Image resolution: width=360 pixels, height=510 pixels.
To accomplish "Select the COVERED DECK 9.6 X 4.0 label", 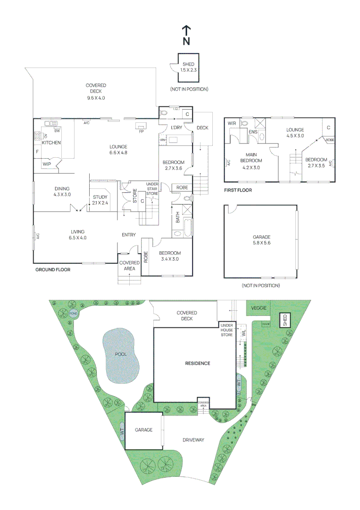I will coord(96,92).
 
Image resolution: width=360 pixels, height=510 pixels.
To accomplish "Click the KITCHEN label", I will coord(51,143).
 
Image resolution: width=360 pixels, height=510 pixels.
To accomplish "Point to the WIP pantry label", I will coord(47,164).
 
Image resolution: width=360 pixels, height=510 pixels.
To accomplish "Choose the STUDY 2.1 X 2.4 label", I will coord(100,200).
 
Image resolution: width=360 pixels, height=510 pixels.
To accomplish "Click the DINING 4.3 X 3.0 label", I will coord(62,191).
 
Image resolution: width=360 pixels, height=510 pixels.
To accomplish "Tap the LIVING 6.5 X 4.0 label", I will coord(77,234).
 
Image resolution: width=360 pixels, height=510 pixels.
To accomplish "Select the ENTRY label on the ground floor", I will coord(129,235).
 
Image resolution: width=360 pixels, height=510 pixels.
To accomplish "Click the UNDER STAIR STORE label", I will coord(152,188).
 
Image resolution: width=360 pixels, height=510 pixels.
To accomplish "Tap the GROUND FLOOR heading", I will coord(53,270).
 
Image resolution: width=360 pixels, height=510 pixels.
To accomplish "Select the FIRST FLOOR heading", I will coord(238,190).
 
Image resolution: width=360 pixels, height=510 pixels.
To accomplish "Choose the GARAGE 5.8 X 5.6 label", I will coord(261,240).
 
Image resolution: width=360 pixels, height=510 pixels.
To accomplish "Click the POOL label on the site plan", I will coord(122,354).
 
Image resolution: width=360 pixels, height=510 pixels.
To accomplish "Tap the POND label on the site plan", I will coord(73,314).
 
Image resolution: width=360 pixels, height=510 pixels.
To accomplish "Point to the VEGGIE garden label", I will coord(259,307).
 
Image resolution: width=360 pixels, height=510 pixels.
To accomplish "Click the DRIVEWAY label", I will coord(193,440).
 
